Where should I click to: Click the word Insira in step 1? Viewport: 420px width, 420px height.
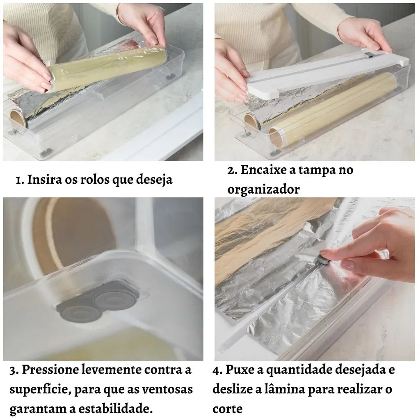pos(44,179)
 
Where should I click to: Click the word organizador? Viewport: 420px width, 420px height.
pos(263,190)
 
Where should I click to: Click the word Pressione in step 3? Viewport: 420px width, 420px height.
pos(50,370)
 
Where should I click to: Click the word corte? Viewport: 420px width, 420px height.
pos(227,409)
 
